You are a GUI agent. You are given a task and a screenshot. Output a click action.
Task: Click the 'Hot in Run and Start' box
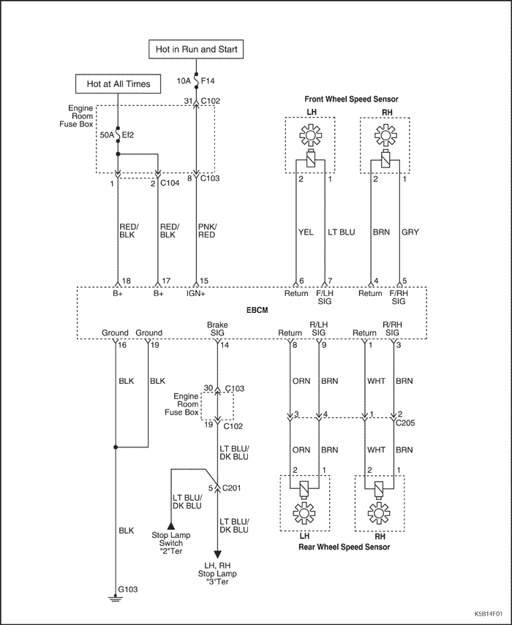[196, 50]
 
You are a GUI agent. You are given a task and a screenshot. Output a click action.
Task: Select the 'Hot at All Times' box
[118, 84]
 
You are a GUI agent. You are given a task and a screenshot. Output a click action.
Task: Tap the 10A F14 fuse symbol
[196, 80]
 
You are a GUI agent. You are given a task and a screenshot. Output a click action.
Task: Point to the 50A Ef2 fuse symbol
[118, 135]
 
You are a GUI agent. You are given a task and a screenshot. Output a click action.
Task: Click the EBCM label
[257, 310]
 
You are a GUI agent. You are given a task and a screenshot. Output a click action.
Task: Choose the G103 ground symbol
[116, 599]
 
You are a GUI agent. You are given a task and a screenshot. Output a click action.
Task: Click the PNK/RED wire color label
[207, 231]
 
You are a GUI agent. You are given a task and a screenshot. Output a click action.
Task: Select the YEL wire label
[306, 232]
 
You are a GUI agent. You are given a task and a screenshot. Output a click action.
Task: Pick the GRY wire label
[410, 232]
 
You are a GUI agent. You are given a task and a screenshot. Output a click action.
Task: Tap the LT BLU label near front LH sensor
[342, 232]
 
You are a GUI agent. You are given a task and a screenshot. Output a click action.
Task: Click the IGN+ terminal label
[196, 293]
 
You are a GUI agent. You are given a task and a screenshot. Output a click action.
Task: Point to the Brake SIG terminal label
[217, 328]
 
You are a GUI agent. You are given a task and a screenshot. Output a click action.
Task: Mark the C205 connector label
[405, 423]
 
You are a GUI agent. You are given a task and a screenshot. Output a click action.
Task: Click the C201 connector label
[231, 488]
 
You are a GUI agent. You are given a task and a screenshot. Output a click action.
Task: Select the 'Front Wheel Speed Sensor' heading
[351, 99]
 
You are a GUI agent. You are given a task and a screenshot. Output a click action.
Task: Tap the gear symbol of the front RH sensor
[385, 135]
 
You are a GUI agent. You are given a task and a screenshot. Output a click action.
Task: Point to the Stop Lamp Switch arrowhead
[171, 526]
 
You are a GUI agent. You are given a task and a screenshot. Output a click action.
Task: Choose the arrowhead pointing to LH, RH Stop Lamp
[218, 554]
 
